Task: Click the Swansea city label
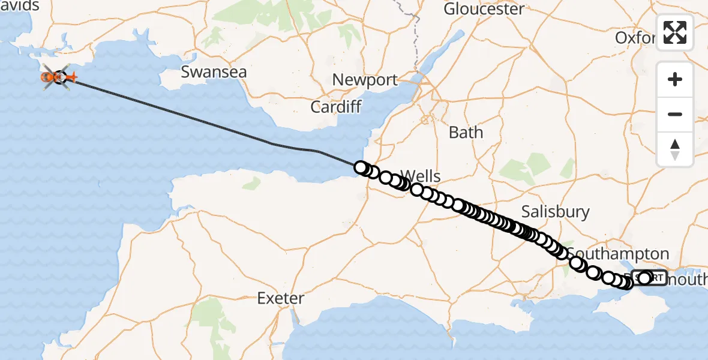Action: [x=214, y=72]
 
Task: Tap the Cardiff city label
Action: [x=336, y=107]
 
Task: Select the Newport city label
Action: [x=365, y=80]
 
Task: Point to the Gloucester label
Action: [x=484, y=9]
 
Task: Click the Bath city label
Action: [x=466, y=132]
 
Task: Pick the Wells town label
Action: [x=420, y=176]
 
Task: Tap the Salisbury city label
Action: [x=555, y=212]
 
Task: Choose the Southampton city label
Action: [x=617, y=253]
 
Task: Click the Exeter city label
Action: [x=281, y=298]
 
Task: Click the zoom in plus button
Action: [x=675, y=79]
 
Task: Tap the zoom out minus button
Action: [x=675, y=114]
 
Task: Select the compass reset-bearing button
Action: [x=675, y=149]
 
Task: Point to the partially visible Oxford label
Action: [x=635, y=38]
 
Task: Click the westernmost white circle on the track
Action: [x=360, y=167]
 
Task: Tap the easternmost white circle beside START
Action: [x=646, y=278]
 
